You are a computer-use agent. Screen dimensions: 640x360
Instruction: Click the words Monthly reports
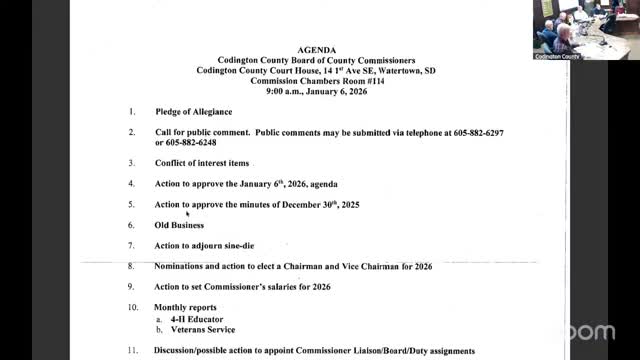[x=184, y=306]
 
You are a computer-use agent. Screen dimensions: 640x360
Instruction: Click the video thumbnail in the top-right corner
[x=585, y=30]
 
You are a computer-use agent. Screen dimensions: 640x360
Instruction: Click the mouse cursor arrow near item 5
[x=188, y=213]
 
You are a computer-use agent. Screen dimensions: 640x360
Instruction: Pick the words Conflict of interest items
[x=203, y=163]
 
